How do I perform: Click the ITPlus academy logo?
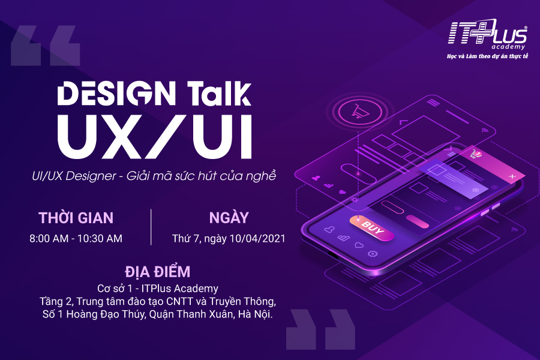click(x=487, y=34)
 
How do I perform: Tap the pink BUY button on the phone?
click(x=371, y=228)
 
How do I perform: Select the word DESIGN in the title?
click(x=116, y=93)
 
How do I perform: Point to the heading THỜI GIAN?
click(x=76, y=218)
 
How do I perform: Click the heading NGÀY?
click(x=229, y=218)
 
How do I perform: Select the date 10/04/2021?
click(x=257, y=238)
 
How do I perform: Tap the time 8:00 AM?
click(x=49, y=238)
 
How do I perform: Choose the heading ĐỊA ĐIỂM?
click(x=157, y=271)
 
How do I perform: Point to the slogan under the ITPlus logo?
click(x=487, y=56)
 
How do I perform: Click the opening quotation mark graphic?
click(x=46, y=46)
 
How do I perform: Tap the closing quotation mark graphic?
click(x=320, y=329)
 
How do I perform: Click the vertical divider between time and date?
click(x=151, y=227)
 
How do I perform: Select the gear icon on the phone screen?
click(x=372, y=254)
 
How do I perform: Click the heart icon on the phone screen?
click(x=359, y=245)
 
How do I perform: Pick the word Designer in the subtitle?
click(x=91, y=176)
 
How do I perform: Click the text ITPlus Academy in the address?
click(x=180, y=289)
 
